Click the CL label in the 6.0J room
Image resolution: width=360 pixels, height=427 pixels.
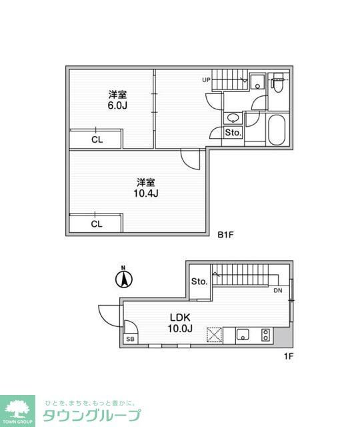pos(97,140)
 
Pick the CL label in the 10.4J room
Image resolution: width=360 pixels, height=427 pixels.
pos(97,224)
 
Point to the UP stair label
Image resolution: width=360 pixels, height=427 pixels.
pos(207,80)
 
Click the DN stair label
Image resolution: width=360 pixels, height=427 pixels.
pos(277,292)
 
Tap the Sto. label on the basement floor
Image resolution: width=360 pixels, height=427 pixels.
pos(233,133)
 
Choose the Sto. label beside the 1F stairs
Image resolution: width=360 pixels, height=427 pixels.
pos(199,282)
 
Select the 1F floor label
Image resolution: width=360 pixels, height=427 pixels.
pos(288,356)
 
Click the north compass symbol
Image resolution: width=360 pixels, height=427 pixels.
pos(123,279)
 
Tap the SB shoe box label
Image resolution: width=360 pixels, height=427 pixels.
pos(129,340)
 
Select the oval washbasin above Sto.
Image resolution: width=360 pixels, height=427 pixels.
pos(233,118)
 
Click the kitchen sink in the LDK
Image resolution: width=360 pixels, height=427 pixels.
pos(243,334)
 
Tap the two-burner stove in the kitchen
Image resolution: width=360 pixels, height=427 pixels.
pos(266,334)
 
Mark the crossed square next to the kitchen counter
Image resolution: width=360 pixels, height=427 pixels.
pos(215,334)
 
